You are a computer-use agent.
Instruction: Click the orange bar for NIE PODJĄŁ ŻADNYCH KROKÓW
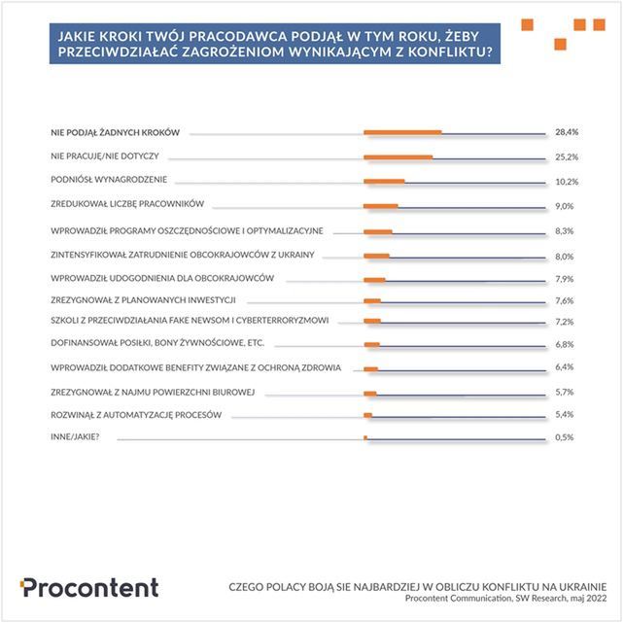click(402, 132)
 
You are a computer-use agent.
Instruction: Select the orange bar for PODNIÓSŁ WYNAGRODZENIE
click(384, 182)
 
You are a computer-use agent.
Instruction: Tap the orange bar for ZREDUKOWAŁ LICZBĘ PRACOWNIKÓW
click(381, 206)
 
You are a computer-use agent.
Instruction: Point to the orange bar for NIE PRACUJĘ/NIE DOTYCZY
click(398, 156)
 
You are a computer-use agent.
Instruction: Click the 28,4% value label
click(567, 131)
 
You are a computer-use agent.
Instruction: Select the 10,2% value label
click(567, 181)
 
